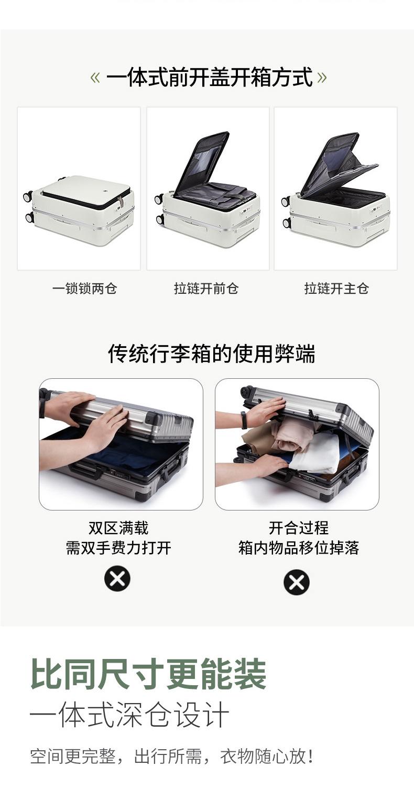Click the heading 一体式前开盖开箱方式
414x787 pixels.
209,77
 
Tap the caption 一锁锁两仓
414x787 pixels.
84,289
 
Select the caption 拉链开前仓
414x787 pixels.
206,289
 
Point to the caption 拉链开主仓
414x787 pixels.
336,289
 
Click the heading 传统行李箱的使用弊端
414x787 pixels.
212,354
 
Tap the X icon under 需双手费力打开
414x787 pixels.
117,579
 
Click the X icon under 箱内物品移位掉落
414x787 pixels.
297,582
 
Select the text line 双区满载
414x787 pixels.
118,528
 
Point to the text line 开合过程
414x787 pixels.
299,528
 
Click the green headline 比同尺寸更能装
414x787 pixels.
148,674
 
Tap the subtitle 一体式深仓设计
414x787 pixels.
129,715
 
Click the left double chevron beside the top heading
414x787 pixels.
95,77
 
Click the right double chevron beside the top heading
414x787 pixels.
322,77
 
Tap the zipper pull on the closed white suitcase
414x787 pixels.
121,201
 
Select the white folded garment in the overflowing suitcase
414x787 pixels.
316,453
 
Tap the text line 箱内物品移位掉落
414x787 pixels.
299,548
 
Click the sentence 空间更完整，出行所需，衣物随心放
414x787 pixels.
171,756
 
